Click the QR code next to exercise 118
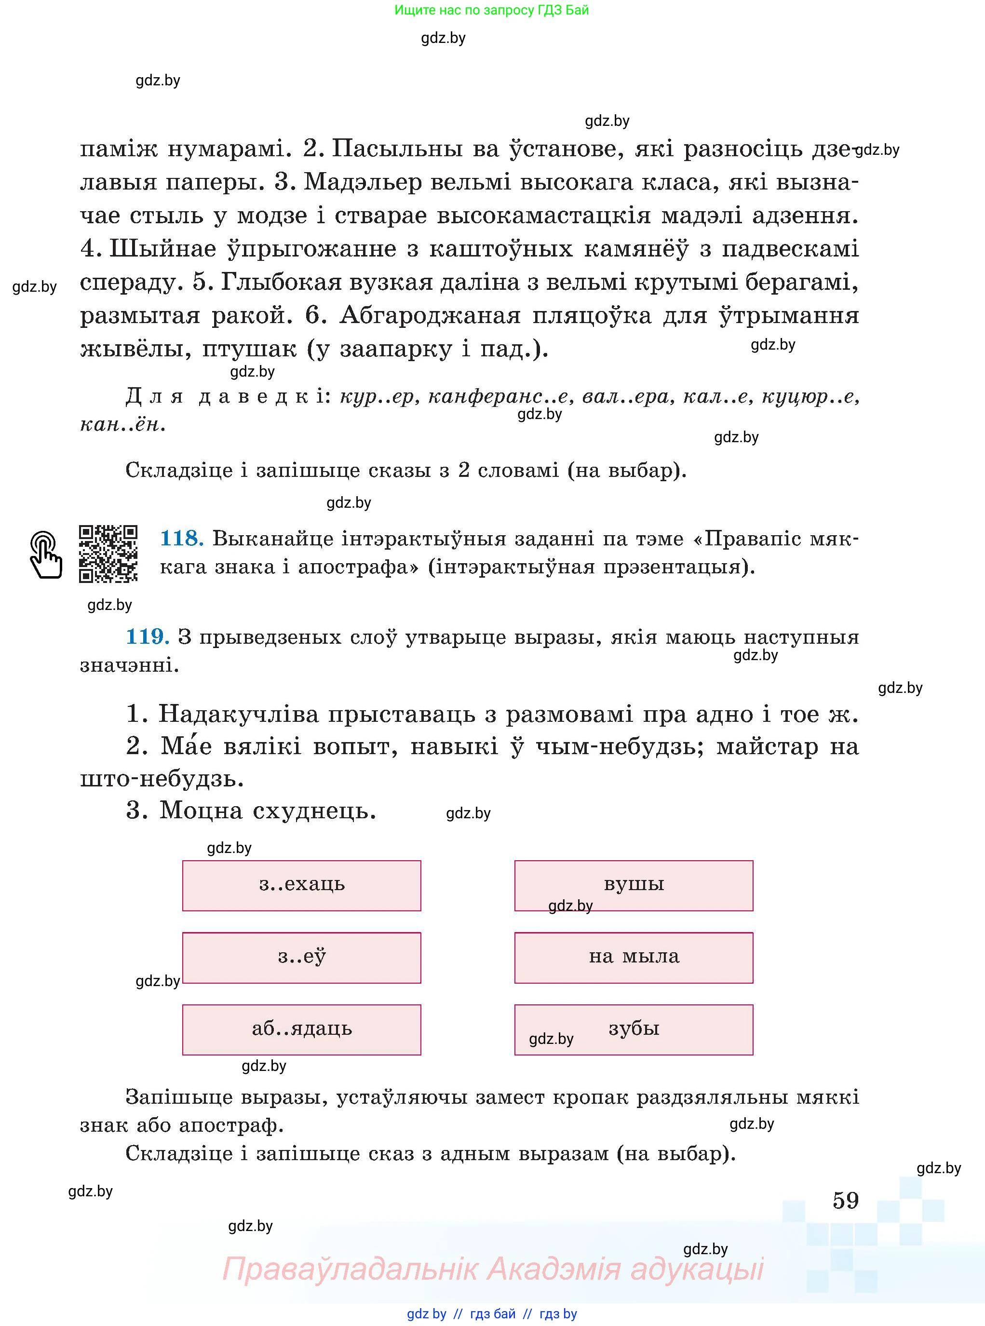pyautogui.click(x=108, y=553)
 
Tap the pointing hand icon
pyautogui.click(x=46, y=555)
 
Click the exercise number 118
pyautogui.click(x=181, y=539)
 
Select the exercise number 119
pyautogui.click(x=147, y=637)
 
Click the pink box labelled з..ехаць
pyautogui.click(x=302, y=885)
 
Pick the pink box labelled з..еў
pyautogui.click(x=302, y=958)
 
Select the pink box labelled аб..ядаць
pyautogui.click(x=302, y=1029)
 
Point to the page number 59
pyautogui.click(x=846, y=1200)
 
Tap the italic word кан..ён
pyautogui.click(x=121, y=424)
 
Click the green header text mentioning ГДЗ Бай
pyautogui.click(x=491, y=10)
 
